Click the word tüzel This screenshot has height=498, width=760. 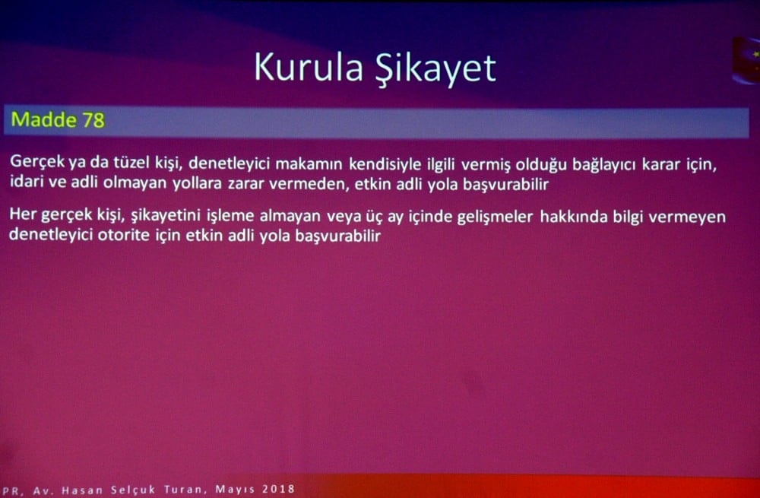[x=131, y=163]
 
